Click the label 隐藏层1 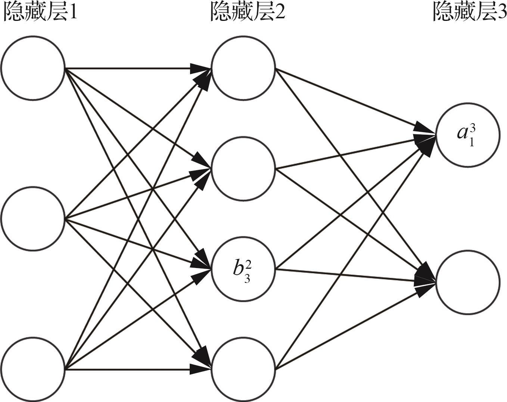point(40,13)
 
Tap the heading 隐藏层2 point(248,13)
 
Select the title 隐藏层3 point(469,13)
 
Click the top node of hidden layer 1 point(33,68)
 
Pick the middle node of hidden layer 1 point(33,219)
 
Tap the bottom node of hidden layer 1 point(33,369)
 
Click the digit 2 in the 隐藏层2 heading point(280,13)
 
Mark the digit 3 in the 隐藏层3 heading point(501,13)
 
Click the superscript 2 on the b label point(249,264)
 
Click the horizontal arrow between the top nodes point(138,68)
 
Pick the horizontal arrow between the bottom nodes point(138,370)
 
